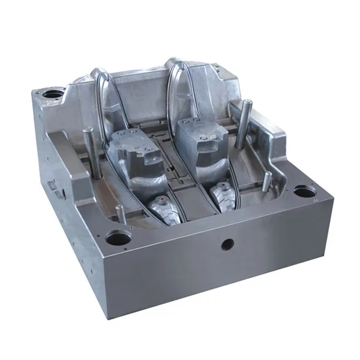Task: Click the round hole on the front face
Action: tap(228, 244)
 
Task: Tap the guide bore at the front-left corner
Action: tap(118, 238)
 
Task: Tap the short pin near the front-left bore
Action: tap(120, 213)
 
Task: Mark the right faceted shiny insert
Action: tap(222, 195)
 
